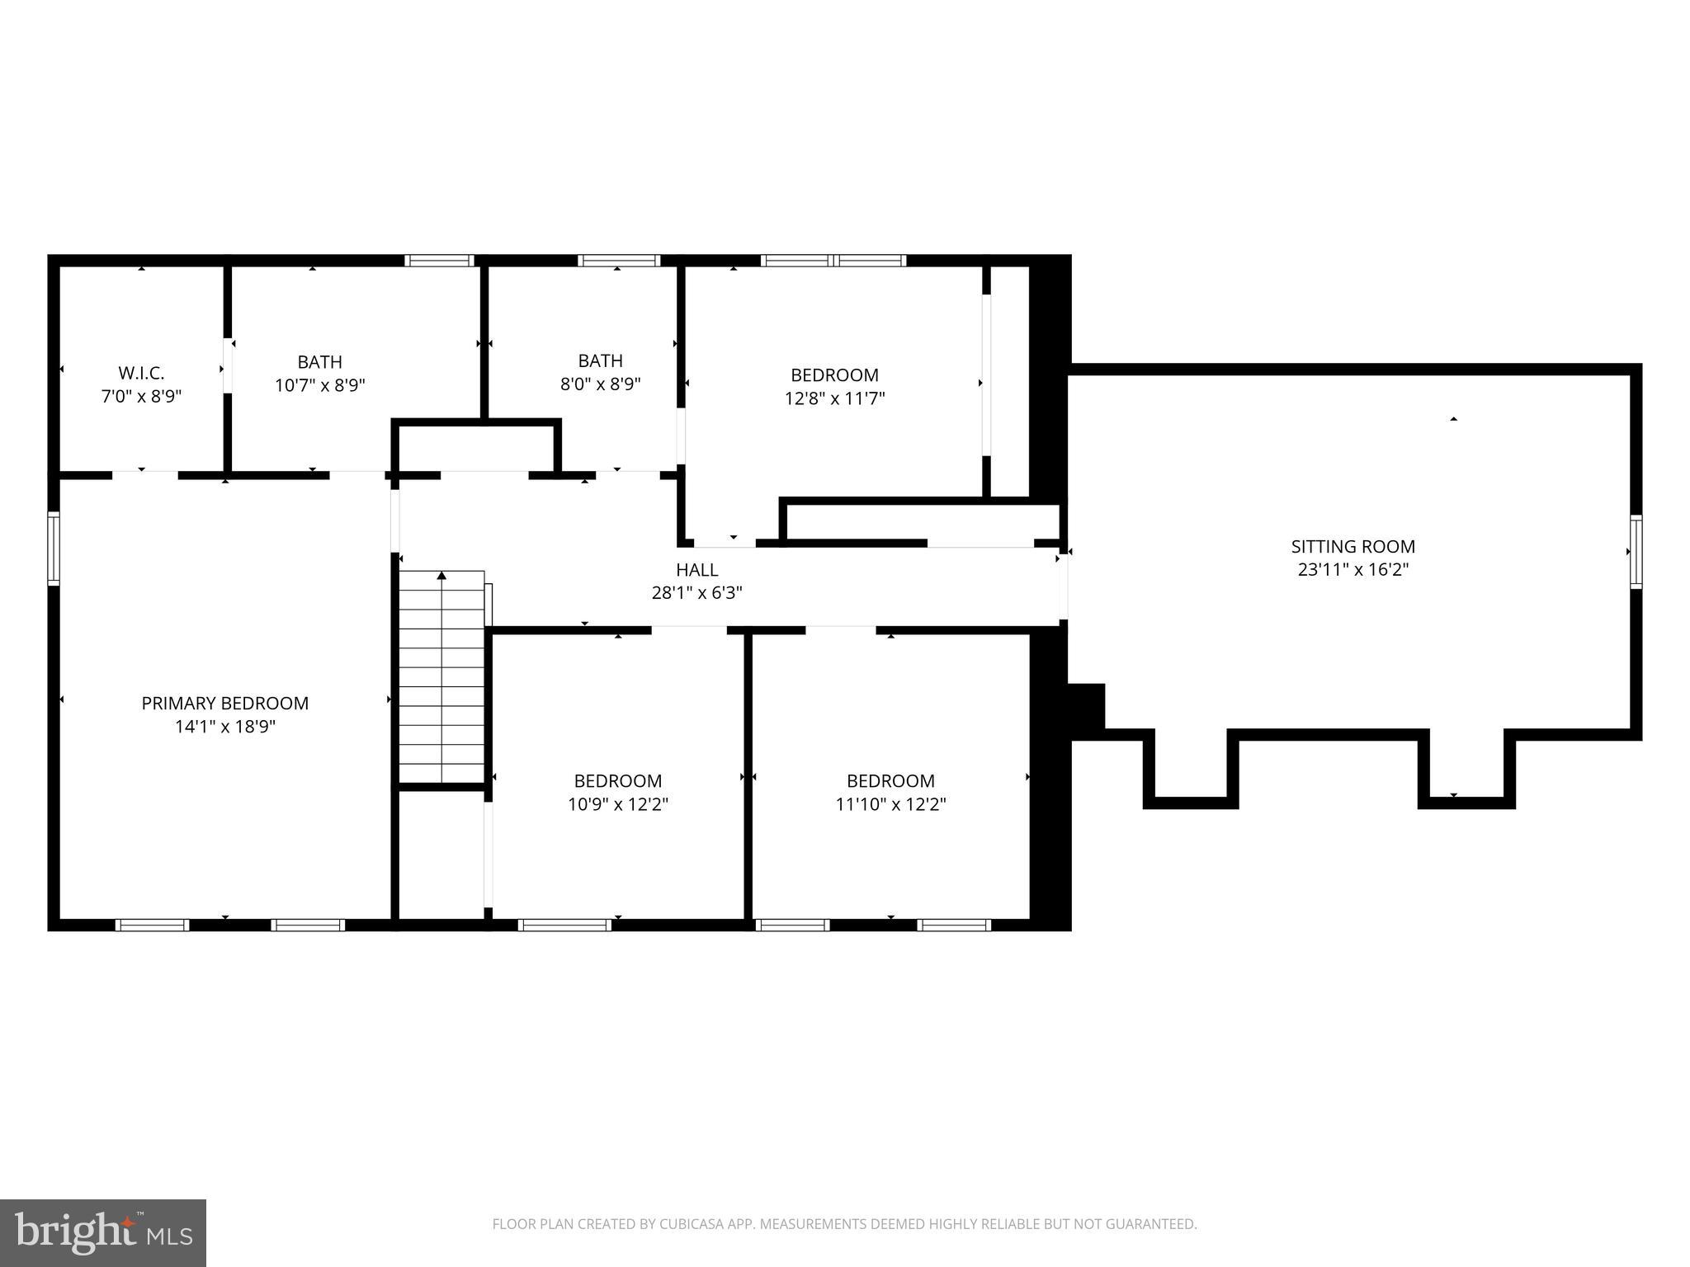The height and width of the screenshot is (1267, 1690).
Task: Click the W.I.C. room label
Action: (141, 373)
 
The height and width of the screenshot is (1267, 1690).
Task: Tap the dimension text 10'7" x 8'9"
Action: (319, 385)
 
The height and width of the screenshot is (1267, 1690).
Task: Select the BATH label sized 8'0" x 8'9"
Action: (600, 360)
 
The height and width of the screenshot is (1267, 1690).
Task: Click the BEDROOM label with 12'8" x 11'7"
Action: (834, 375)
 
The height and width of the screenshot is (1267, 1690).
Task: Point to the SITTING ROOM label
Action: (1352, 546)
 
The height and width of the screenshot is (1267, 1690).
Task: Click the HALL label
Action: (696, 569)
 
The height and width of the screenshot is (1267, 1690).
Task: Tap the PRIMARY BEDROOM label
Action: (224, 703)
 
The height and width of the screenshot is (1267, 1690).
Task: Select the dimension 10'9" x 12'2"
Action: (617, 804)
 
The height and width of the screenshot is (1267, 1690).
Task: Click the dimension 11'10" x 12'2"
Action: (890, 804)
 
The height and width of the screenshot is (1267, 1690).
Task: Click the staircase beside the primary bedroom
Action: (441, 685)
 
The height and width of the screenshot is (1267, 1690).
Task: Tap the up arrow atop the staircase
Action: (441, 576)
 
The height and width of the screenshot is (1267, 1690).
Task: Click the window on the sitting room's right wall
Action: (1635, 551)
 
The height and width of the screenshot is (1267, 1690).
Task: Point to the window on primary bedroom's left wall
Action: (54, 549)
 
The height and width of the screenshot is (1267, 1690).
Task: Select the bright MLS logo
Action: (103, 1233)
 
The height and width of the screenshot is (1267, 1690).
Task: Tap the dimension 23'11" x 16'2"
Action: (1352, 569)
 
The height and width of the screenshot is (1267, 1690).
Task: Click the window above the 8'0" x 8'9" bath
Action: (618, 261)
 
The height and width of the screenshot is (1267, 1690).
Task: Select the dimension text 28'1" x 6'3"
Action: (696, 592)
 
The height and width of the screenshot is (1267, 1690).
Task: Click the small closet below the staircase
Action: (441, 854)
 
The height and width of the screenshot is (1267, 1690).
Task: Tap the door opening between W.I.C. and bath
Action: (228, 366)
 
